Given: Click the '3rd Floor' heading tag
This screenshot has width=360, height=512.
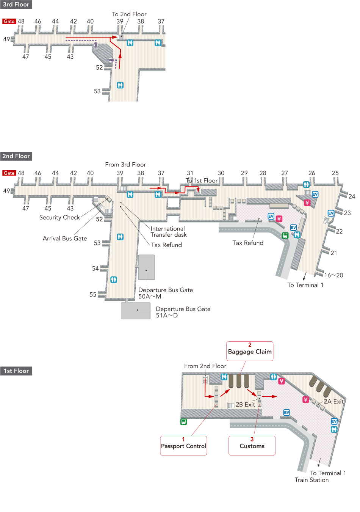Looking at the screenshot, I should (16, 5).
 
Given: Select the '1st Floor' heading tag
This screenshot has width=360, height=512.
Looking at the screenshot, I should (16, 371).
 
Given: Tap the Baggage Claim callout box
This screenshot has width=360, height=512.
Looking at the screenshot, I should (250, 351).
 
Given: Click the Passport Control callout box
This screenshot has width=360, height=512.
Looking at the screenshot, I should (183, 446).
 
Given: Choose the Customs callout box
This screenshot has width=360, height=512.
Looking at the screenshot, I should (252, 446).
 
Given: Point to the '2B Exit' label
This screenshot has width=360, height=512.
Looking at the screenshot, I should (245, 405).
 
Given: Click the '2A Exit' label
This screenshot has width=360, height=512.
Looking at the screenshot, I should (333, 401).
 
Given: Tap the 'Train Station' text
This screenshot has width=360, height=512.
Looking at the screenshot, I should (311, 480).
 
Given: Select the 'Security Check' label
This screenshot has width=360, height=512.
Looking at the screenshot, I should (59, 217).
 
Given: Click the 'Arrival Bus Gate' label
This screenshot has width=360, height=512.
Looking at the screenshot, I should (65, 238).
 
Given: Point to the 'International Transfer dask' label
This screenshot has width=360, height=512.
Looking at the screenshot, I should (168, 232).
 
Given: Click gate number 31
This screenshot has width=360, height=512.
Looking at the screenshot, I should (190, 173).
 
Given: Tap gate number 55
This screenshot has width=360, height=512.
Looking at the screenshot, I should (93, 294).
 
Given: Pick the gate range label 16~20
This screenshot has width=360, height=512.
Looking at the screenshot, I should (333, 275).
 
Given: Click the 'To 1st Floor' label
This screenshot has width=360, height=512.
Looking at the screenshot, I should (202, 181).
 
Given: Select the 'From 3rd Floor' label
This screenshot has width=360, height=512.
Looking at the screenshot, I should (125, 165).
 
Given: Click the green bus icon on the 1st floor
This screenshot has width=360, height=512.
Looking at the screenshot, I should (183, 422).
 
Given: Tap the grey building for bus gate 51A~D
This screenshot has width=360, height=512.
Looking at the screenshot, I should (136, 311).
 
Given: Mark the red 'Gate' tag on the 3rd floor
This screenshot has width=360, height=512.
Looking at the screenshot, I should (9, 21).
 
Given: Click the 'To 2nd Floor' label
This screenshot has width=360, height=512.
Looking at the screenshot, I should (129, 14).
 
